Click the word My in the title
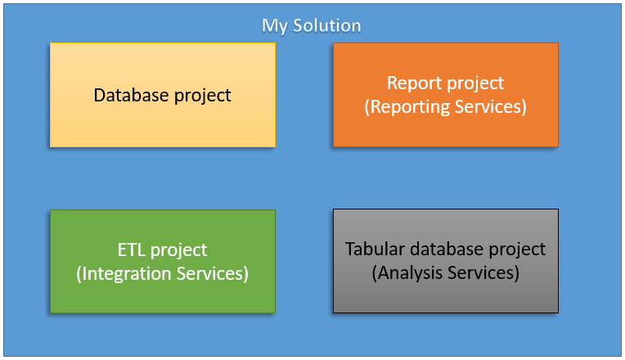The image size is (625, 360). [x=275, y=26]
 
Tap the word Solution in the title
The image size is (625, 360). [x=327, y=25]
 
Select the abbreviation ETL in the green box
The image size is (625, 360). [x=132, y=250]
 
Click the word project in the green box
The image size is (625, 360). [x=179, y=251]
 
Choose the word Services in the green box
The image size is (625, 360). [x=213, y=274]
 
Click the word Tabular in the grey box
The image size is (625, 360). [x=375, y=250]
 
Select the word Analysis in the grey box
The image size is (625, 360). [x=407, y=273]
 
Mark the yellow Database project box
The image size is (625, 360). [x=163, y=95]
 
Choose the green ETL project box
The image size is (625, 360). [x=163, y=262]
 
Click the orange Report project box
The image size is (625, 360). [x=446, y=95]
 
